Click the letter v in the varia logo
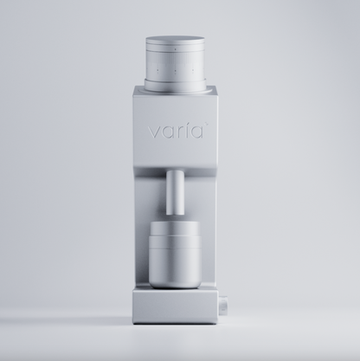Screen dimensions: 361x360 click(x=151, y=135)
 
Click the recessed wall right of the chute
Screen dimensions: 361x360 click(x=204, y=208)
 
